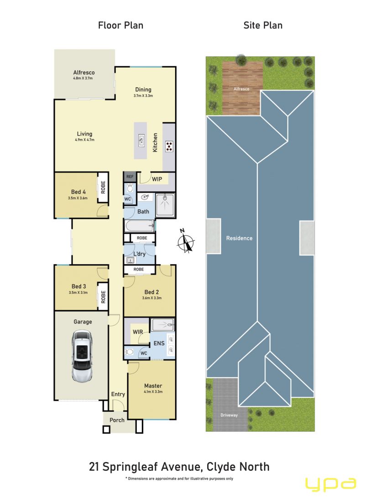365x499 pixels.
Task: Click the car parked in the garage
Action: point(83,355)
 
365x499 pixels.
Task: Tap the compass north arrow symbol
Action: point(186,241)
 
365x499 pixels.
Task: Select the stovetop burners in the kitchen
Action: point(169,146)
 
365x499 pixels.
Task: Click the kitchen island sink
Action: point(141,140)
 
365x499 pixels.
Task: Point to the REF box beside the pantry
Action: point(130,177)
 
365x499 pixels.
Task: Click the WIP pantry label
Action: point(157,179)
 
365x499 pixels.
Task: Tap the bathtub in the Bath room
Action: point(140,226)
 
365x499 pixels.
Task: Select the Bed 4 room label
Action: point(78,192)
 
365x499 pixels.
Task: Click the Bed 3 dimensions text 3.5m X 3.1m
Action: point(78,292)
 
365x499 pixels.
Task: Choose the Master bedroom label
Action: point(153,386)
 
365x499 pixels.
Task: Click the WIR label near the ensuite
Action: point(138,332)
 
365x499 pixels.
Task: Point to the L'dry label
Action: point(139,254)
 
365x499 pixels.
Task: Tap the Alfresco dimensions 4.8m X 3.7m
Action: point(83,78)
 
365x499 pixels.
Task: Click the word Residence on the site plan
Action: point(239,238)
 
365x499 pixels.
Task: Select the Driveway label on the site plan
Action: point(229,415)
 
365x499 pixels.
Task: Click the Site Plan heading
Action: point(263,25)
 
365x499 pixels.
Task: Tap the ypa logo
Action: point(331,485)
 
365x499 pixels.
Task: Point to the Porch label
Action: point(117,420)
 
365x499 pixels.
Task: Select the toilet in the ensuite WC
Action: point(129,352)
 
